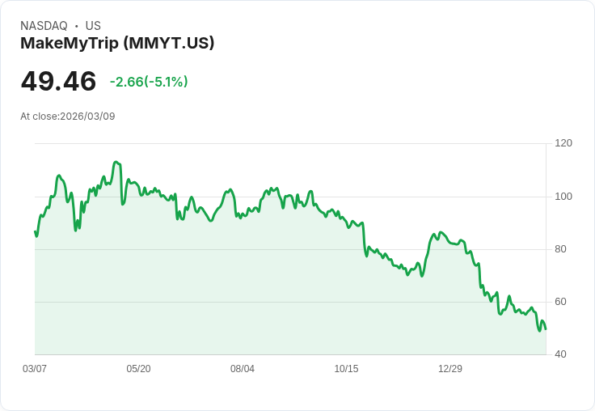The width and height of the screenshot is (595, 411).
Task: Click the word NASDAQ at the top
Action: [44, 26]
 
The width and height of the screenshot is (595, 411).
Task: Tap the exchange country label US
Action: [93, 26]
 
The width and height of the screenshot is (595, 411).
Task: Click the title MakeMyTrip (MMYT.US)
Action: [117, 43]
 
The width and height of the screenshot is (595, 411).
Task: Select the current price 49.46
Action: [58, 81]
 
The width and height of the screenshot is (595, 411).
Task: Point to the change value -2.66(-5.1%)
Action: [149, 82]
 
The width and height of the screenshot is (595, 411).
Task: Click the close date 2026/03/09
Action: [87, 117]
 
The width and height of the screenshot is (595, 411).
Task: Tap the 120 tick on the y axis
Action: [563, 143]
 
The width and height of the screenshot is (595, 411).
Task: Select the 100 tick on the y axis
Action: [563, 197]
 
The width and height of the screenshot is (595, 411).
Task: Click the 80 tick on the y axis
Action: [560, 249]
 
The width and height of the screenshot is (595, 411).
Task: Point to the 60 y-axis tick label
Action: [560, 302]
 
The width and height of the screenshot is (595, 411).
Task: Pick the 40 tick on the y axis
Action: [560, 354]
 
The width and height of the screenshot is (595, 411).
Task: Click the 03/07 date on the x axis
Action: [35, 369]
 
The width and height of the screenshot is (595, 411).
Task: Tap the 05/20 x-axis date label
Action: [138, 369]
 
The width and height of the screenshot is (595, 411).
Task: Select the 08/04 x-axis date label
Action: [243, 369]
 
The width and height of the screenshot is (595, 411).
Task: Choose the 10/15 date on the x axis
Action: [346, 369]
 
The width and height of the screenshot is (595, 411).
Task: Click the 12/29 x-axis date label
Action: [450, 369]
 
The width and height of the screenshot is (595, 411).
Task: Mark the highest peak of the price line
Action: [116, 162]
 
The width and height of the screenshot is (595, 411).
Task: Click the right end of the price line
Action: [546, 328]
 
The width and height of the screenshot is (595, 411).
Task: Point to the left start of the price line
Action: [35, 232]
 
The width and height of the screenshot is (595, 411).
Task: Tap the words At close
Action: [39, 117]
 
